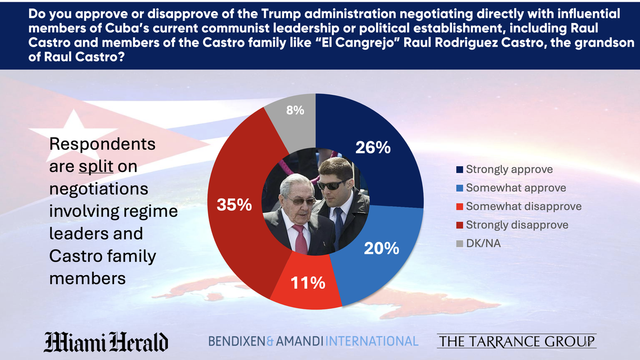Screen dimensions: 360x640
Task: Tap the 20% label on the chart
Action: (382, 248)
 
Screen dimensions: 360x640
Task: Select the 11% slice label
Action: (308, 282)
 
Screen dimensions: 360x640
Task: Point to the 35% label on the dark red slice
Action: (234, 205)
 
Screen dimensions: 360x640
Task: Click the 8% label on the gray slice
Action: (295, 111)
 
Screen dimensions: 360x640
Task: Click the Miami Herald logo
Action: (106, 341)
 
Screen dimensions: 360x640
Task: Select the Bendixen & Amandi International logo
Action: (313, 341)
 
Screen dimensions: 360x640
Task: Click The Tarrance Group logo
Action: (516, 341)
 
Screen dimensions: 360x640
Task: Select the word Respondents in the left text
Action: (102, 144)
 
